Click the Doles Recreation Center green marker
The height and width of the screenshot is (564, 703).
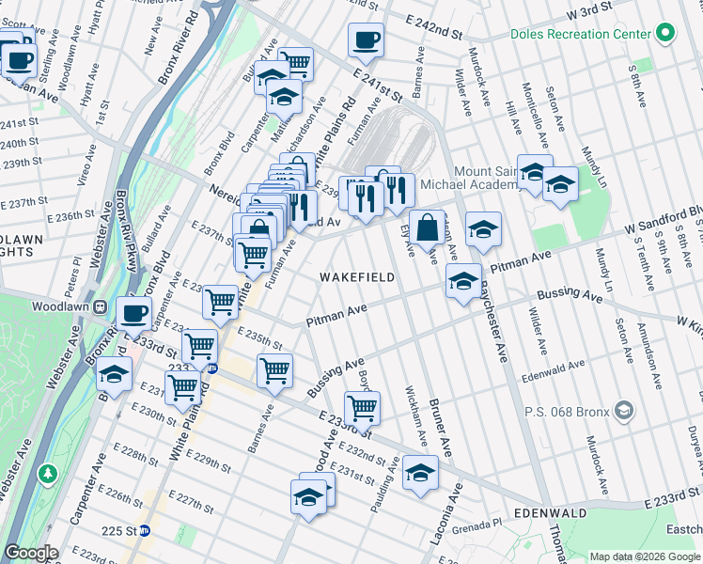665,34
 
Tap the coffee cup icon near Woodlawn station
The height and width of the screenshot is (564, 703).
133,313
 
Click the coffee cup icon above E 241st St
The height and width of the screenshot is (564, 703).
366,40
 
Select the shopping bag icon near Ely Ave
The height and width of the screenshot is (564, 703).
427,227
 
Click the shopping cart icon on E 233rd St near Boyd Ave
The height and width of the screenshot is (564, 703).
362,408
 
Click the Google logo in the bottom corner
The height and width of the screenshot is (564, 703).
31,553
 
